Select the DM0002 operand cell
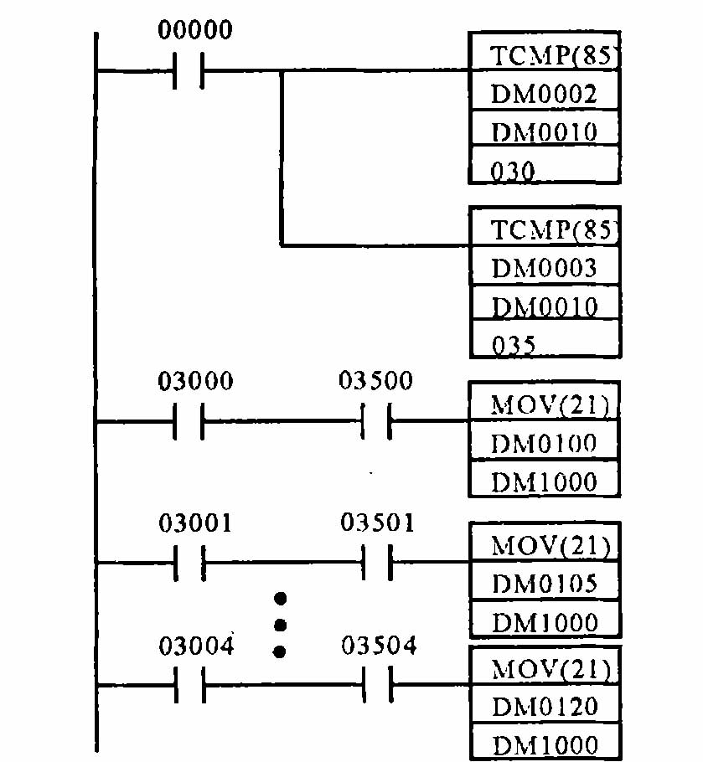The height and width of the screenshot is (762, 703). [544, 93]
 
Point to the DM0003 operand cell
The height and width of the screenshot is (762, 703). [544, 268]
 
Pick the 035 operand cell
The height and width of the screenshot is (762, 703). [544, 343]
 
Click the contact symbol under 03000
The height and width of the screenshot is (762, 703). [188, 422]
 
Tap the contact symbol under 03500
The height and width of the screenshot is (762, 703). [376, 422]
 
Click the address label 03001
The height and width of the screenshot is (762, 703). [196, 523]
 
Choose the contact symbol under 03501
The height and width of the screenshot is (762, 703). [376, 563]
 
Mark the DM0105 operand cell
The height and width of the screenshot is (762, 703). [544, 583]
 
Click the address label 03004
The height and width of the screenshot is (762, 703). [196, 646]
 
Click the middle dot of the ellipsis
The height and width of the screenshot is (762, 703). [281, 625]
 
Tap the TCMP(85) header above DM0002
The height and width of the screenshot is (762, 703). [544, 56]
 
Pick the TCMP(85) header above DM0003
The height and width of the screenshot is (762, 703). [544, 229]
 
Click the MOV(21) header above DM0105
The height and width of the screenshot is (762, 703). [544, 547]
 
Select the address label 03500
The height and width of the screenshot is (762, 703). [375, 382]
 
